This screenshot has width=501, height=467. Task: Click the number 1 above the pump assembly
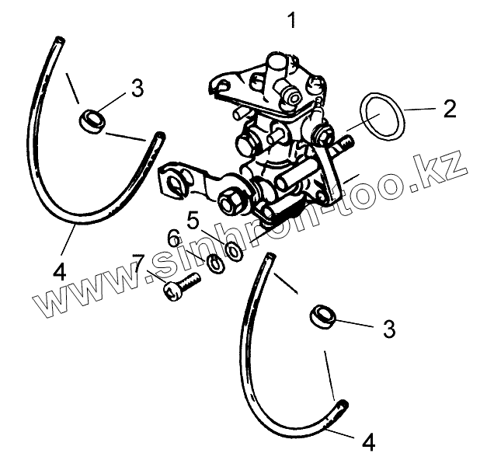click(x=292, y=21)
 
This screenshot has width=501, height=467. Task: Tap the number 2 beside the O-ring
click(x=449, y=108)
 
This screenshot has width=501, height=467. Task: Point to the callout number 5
click(x=193, y=220)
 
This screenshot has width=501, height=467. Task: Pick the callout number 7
click(x=139, y=261)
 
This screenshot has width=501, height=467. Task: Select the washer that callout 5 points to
click(x=232, y=250)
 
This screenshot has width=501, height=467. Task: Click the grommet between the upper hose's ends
click(x=91, y=120)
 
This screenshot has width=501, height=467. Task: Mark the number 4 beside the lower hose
click(x=369, y=443)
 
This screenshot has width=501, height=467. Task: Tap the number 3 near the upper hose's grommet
click(x=137, y=89)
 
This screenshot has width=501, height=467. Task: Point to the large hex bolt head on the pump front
click(x=231, y=202)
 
